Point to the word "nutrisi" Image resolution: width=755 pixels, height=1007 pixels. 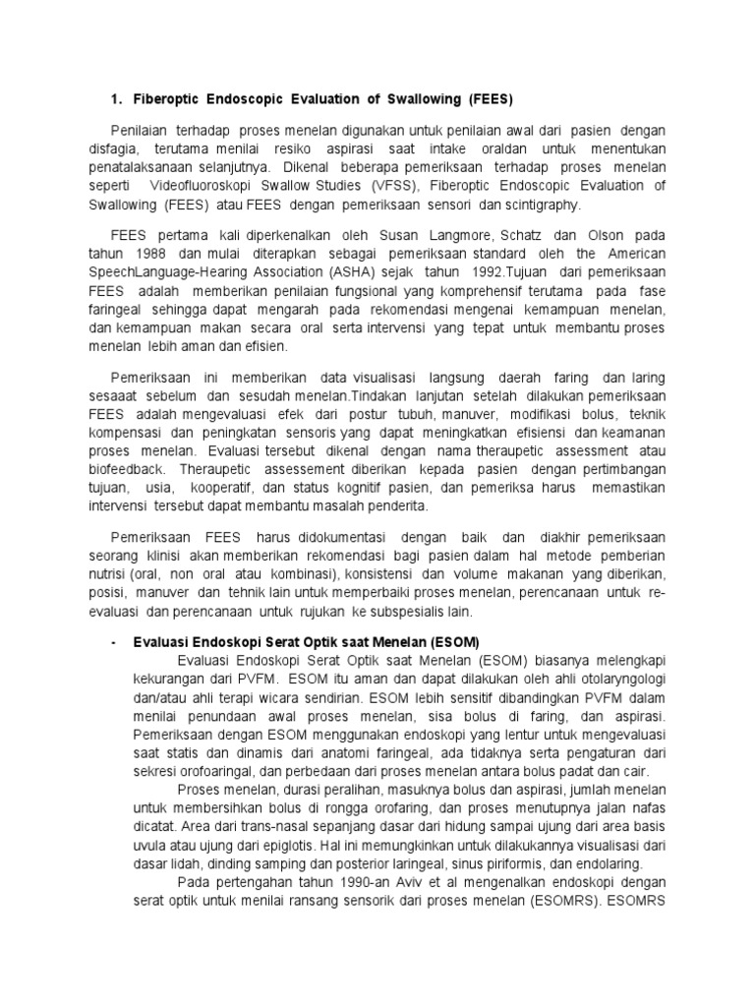click(129, 573)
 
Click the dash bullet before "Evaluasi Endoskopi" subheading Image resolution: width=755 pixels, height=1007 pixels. click(115, 641)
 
